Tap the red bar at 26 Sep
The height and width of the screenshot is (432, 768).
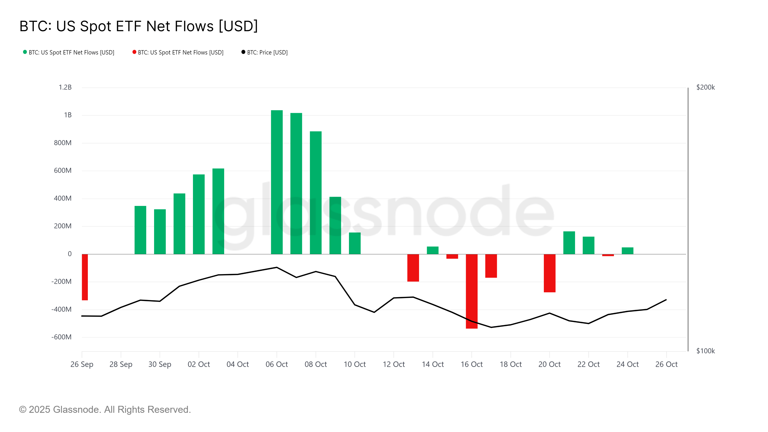point(85,277)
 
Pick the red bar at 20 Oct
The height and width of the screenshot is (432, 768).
point(549,273)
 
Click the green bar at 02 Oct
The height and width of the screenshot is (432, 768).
point(199,214)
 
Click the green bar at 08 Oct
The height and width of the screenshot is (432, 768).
point(316,192)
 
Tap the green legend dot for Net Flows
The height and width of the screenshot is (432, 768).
point(25,52)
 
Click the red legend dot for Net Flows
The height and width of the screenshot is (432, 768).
point(134,52)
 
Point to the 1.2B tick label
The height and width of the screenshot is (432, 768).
point(65,87)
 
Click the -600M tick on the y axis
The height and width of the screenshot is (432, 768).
point(61,337)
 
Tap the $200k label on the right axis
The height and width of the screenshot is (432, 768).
point(705,87)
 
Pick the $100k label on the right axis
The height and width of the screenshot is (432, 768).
point(705,351)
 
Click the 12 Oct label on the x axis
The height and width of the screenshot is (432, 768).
point(394,364)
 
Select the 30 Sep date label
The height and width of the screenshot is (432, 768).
point(160,364)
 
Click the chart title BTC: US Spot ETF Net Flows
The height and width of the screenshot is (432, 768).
point(139,26)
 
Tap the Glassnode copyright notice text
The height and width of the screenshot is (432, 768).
point(105,410)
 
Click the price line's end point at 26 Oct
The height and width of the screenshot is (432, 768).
point(666,300)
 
